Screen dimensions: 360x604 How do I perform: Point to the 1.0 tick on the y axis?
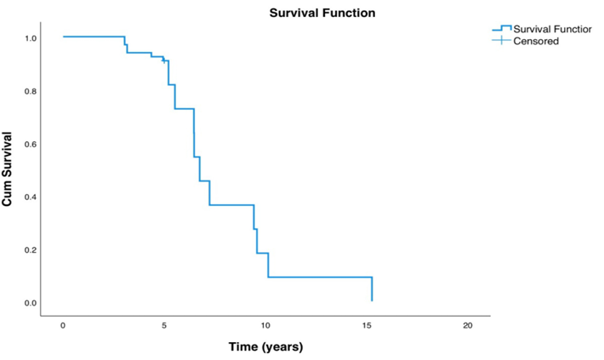click(x=31, y=38)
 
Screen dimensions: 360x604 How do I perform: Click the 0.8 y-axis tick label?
click(x=31, y=91)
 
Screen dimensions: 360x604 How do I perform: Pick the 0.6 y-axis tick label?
click(x=31, y=144)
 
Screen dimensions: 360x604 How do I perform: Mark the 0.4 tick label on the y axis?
click(x=31, y=197)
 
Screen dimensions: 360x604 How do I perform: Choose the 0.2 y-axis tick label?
click(x=31, y=250)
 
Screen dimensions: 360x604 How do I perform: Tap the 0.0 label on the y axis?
click(x=31, y=303)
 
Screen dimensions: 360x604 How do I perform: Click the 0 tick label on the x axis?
click(x=63, y=326)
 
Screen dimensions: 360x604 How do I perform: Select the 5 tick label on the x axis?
click(x=164, y=326)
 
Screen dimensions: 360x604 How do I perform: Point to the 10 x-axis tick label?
click(x=265, y=326)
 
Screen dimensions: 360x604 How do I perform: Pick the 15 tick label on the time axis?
click(x=367, y=326)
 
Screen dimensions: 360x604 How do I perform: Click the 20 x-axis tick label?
click(x=468, y=326)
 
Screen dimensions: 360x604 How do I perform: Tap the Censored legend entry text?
click(x=536, y=41)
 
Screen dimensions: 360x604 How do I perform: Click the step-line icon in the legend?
click(x=502, y=30)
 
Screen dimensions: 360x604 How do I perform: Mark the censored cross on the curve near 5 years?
click(x=164, y=60)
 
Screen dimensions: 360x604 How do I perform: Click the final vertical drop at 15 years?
click(x=372, y=289)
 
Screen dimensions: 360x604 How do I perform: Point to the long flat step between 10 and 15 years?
click(x=319, y=277)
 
